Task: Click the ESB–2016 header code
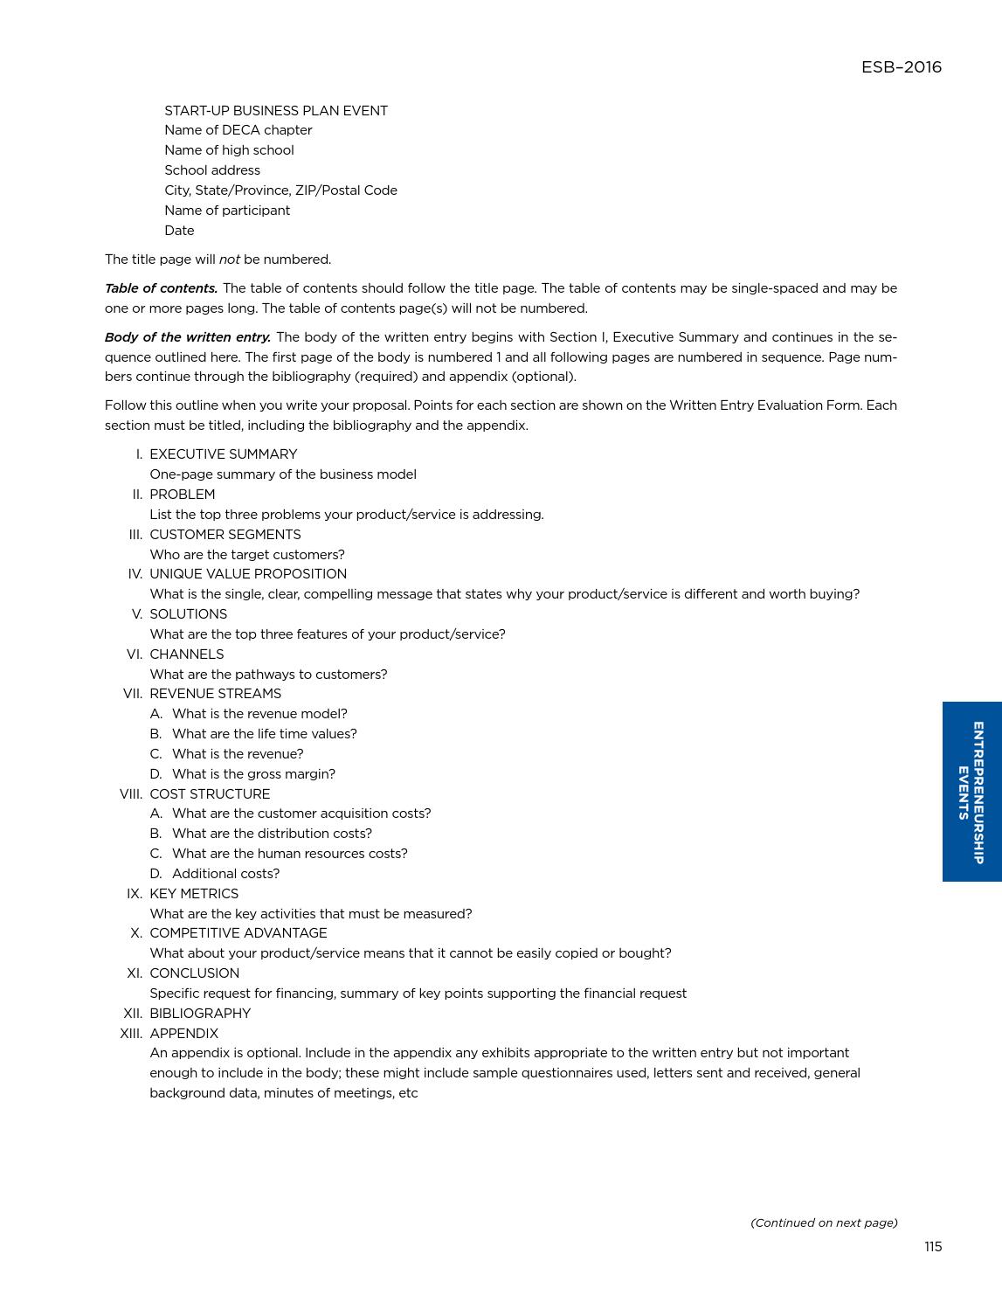point(901,67)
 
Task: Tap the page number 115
point(932,1247)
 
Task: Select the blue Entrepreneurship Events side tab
point(971,792)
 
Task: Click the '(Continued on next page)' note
point(824,1222)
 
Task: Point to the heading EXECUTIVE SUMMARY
point(223,454)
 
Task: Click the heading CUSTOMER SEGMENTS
point(225,535)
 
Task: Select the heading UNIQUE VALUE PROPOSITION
point(248,574)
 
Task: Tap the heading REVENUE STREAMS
point(215,694)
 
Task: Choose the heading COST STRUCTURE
point(210,794)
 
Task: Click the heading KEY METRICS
point(194,894)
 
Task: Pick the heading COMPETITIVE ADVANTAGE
point(238,933)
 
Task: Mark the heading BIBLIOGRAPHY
point(200,1014)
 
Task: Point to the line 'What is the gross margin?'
point(253,774)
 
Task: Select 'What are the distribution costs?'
point(272,834)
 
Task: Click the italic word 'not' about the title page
point(229,260)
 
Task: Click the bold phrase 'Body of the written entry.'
point(188,337)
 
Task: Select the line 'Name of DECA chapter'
point(238,130)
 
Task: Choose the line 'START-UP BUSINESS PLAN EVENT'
point(276,111)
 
